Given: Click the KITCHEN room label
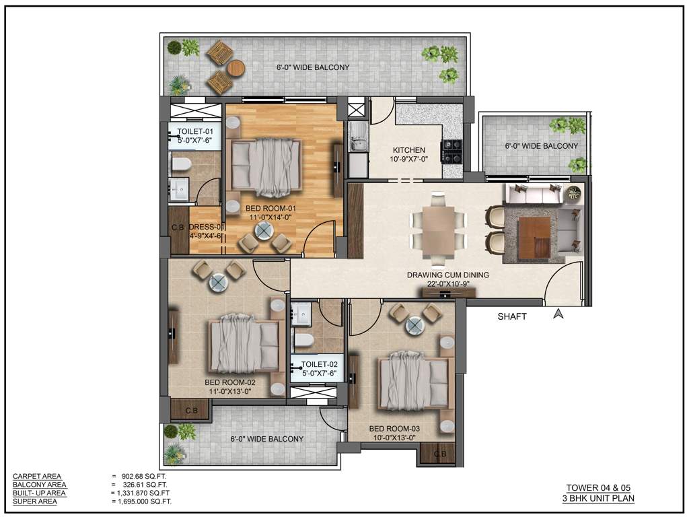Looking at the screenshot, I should (x=408, y=150).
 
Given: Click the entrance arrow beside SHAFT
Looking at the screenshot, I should (x=557, y=313).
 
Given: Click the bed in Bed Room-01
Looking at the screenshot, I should (x=263, y=164).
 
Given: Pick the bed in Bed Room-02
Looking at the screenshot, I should (x=244, y=346).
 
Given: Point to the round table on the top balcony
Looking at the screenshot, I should (x=236, y=68).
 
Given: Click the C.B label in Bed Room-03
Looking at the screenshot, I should (x=440, y=454).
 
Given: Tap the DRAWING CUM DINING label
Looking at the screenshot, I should (x=447, y=275).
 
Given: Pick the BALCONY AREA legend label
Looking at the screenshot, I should (x=39, y=485).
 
